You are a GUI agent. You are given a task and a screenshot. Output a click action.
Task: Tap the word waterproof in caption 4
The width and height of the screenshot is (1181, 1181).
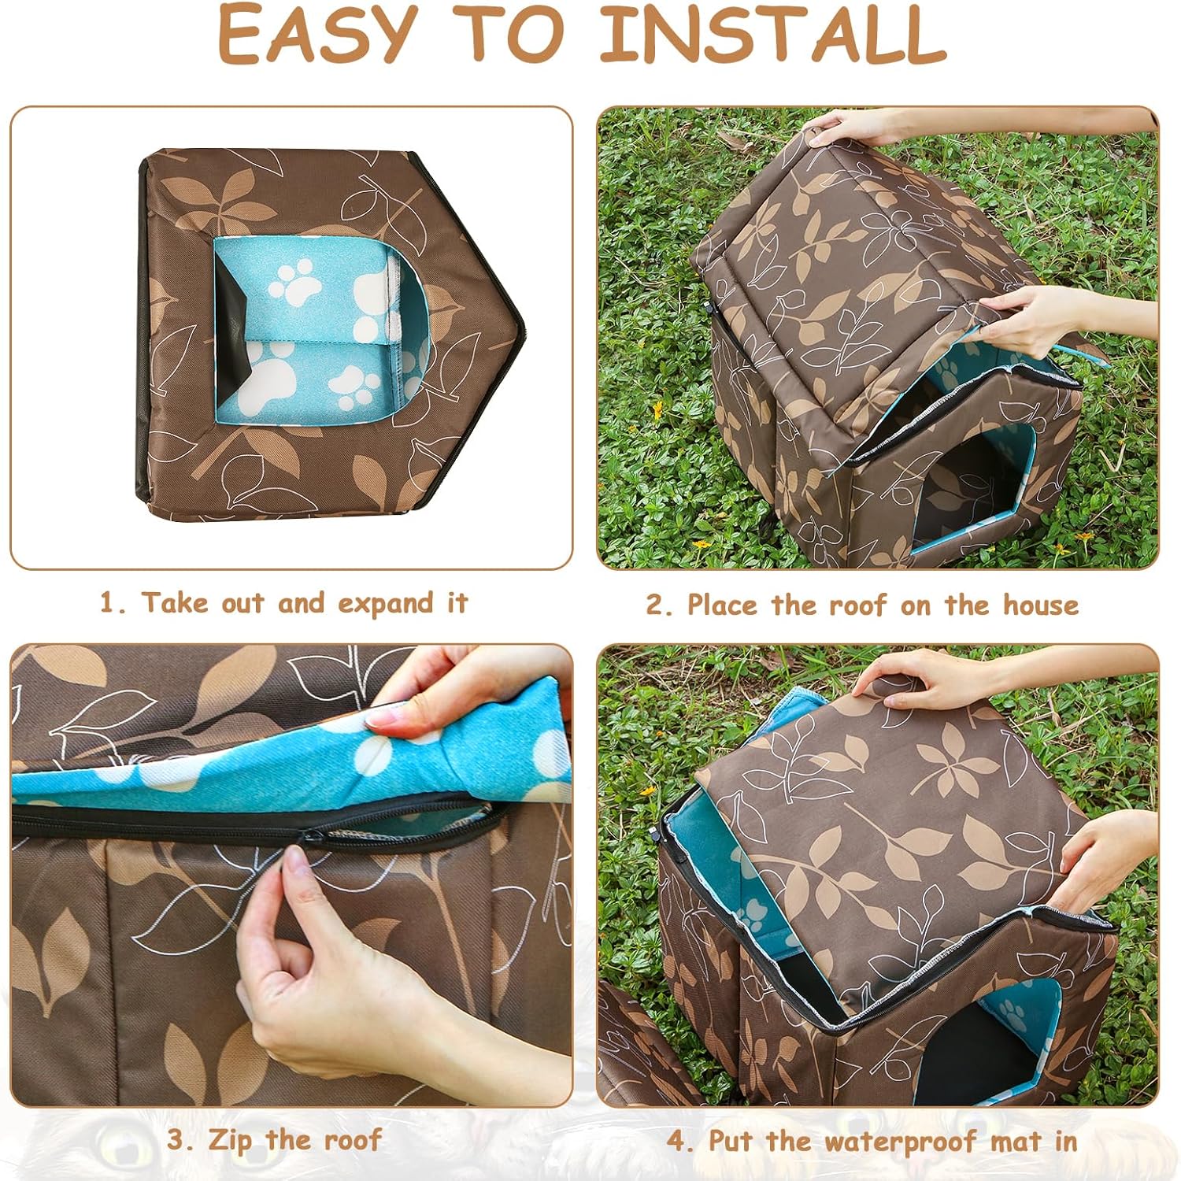(895, 1141)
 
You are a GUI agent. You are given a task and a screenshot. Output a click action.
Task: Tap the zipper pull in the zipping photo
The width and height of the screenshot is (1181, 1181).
(309, 837)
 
